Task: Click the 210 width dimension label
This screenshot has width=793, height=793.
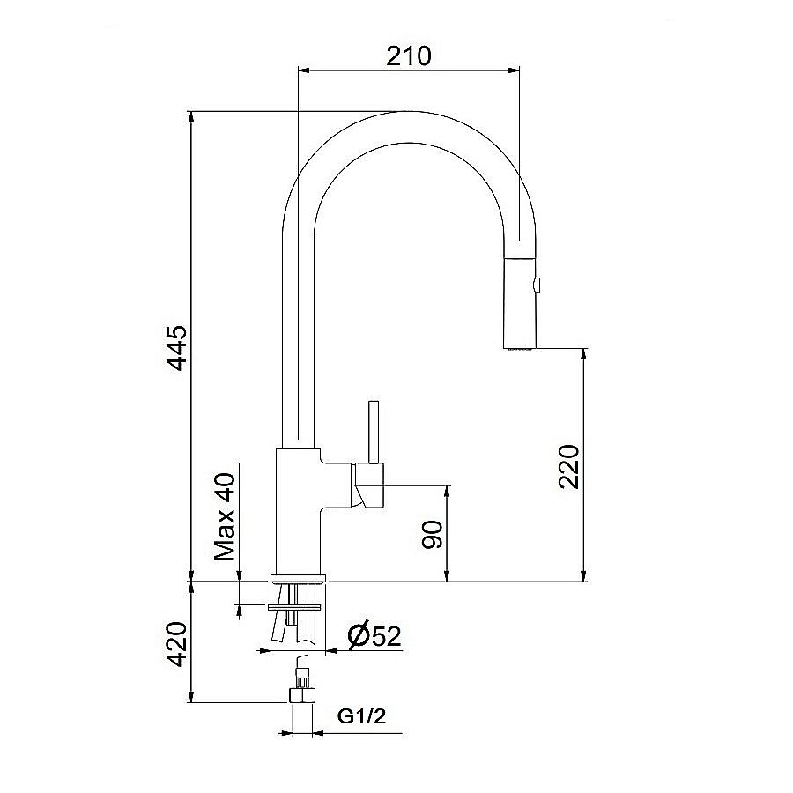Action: pos(408,56)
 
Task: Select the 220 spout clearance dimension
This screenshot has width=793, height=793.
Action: pos(569,465)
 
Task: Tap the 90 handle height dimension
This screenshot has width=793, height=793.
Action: pos(433,533)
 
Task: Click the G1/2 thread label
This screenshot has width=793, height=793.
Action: pos(361,717)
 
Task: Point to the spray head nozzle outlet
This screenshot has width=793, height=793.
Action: pos(520,350)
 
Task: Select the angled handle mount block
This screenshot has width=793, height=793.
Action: pos(370,486)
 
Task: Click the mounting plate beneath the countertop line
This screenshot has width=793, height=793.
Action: pos(296,606)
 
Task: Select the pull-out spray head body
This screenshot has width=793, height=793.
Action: pos(520,304)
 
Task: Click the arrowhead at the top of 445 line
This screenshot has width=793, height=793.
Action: pos(191,117)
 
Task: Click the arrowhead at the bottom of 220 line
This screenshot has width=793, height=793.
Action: pos(583,576)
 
